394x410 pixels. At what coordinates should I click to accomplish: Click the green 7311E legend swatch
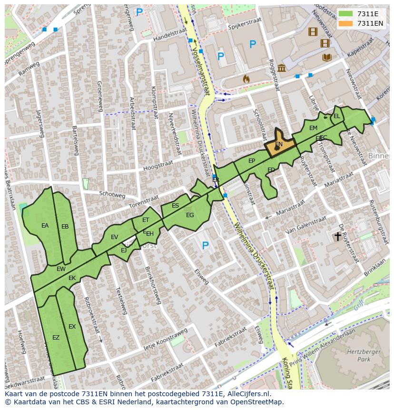[346, 14]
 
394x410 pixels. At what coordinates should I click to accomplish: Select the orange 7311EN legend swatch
[346, 23]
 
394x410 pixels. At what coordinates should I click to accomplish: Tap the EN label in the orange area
[279, 144]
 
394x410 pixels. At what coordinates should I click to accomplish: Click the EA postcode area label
[45, 226]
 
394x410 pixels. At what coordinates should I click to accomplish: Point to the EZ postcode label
[56, 338]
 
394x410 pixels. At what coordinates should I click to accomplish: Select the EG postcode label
[190, 215]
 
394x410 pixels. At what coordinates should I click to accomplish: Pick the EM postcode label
[313, 128]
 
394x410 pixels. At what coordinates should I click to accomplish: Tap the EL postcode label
[336, 116]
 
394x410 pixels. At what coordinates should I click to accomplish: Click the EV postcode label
[114, 237]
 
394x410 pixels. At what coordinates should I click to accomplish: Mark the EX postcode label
[72, 327]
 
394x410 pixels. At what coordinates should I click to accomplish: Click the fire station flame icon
[246, 79]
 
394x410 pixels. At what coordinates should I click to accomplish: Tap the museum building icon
[282, 68]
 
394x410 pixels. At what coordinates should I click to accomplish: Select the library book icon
[326, 58]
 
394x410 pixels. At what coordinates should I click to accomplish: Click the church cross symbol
[338, 236]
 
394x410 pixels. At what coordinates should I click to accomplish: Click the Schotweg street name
[112, 195]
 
